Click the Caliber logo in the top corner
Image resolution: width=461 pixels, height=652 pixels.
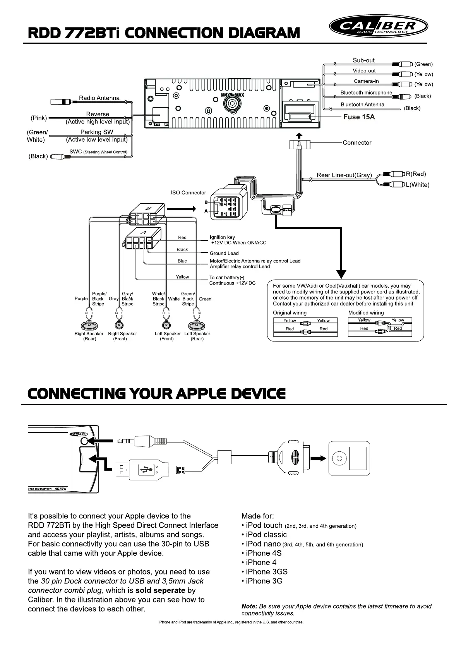click(378, 26)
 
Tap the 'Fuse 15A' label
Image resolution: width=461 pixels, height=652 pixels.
click(359, 117)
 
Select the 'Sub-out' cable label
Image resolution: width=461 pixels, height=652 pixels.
click(363, 60)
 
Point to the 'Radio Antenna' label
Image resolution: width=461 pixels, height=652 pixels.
click(99, 98)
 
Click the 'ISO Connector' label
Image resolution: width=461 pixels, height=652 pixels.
click(189, 193)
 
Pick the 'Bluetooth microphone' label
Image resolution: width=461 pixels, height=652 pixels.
click(366, 93)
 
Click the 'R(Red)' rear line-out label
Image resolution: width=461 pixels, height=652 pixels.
click(415, 174)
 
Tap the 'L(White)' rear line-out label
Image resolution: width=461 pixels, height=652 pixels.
click(417, 185)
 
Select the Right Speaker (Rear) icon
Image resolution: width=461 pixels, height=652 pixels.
click(89, 325)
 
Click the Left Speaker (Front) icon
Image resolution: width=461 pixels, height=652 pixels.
click(166, 325)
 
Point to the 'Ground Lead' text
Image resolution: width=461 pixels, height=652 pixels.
click(224, 253)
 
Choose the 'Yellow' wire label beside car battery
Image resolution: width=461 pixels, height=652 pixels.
click(182, 277)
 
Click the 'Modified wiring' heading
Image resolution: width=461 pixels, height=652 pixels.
click(366, 313)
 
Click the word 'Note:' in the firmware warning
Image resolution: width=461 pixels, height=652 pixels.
click(249, 606)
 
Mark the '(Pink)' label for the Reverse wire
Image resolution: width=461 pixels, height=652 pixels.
click(39, 118)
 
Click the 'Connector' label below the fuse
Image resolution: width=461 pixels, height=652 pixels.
click(357, 143)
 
